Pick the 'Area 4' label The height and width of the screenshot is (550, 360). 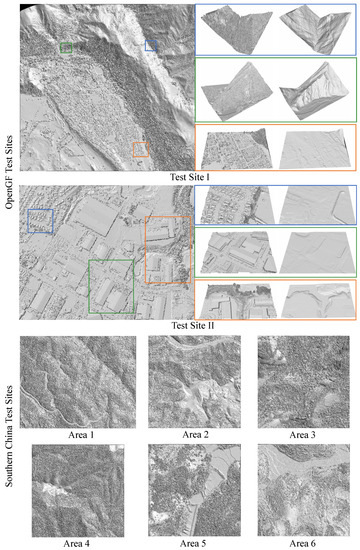[77, 541]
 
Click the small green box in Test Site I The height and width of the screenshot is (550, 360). [65, 47]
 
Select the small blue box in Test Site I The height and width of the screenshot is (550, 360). [151, 45]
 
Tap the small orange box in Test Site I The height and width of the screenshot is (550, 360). [140, 149]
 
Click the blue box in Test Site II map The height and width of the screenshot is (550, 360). [40, 220]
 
